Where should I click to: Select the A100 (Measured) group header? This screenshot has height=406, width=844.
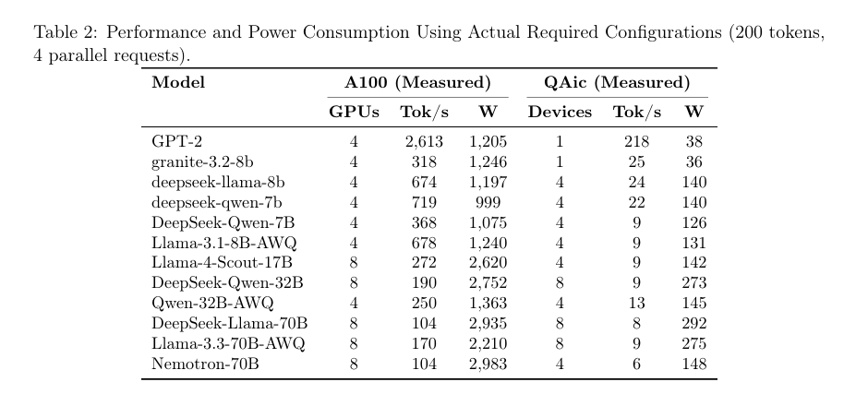coord(417,83)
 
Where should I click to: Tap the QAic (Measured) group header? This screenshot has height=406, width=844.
coord(617,83)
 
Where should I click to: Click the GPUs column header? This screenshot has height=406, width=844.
coord(355,112)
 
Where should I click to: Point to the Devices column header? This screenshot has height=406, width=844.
coord(560,112)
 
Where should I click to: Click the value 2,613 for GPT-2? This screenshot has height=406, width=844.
coord(424,141)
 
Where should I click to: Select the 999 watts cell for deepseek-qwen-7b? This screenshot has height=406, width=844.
coord(488,203)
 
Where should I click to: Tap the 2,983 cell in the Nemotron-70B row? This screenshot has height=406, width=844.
coord(488,364)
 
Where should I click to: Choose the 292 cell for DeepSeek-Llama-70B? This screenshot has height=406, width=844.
coord(693,324)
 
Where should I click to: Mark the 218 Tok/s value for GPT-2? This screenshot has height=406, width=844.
coord(637,141)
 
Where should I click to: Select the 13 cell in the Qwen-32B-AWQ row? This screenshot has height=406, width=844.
coord(637,304)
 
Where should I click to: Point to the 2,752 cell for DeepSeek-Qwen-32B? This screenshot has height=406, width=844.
coord(488,283)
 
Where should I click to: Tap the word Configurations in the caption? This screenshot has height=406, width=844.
coord(663,33)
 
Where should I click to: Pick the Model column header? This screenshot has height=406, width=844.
coord(178,83)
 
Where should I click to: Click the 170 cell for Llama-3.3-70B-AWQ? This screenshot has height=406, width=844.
coord(424,343)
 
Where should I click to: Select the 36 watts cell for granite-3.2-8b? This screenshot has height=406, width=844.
coord(693,161)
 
